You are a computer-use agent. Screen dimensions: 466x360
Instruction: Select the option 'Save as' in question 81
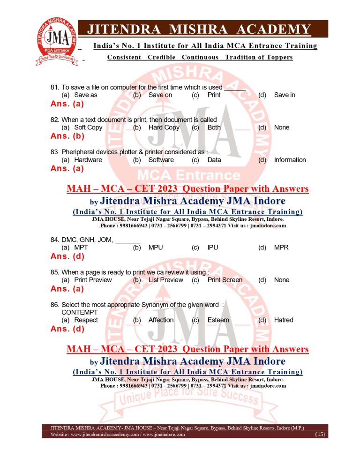click(86, 95)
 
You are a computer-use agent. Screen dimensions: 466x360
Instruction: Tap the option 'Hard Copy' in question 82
click(164, 128)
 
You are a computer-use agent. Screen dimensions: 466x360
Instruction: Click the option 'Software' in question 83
click(161, 160)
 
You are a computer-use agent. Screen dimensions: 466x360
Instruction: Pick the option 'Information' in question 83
click(290, 160)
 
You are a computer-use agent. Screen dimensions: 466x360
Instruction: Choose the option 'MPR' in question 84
click(281, 248)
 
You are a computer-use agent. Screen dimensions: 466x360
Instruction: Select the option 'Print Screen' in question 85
click(225, 280)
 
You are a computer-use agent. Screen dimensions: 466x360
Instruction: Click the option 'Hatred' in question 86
click(284, 320)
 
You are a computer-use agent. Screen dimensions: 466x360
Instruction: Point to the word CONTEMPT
click(80, 312)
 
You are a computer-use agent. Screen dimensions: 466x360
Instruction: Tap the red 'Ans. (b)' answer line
click(67, 136)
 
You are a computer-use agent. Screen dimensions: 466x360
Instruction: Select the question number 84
click(54, 240)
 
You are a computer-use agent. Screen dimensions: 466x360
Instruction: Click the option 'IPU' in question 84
click(213, 248)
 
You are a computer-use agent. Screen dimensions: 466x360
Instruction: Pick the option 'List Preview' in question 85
click(165, 280)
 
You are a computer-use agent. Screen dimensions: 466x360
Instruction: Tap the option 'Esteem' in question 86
click(218, 320)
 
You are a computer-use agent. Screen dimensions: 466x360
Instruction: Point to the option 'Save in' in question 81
click(285, 95)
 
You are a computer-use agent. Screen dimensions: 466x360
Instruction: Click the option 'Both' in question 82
click(214, 128)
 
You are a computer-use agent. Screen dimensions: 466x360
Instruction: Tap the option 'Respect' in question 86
click(86, 320)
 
